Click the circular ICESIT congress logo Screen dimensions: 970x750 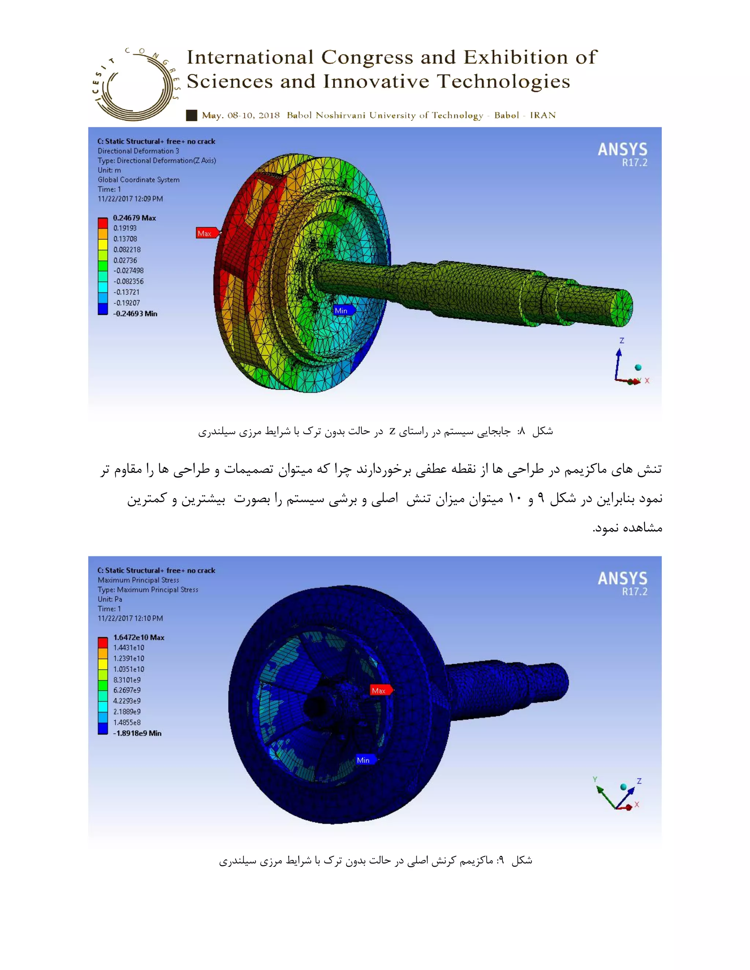click(x=135, y=85)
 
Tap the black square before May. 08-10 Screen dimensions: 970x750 click(x=192, y=115)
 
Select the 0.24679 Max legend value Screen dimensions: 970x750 click(x=134, y=218)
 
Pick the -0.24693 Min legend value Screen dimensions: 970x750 click(x=135, y=314)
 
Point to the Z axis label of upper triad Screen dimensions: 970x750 click(x=621, y=341)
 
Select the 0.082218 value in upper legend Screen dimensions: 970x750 click(x=127, y=250)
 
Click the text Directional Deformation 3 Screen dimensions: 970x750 click(x=138, y=151)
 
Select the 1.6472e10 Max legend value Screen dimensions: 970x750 click(x=138, y=637)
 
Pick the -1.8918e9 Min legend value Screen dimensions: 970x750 click(x=137, y=733)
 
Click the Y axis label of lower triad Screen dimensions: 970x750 click(x=594, y=779)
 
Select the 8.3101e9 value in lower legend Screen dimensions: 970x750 click(x=127, y=680)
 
